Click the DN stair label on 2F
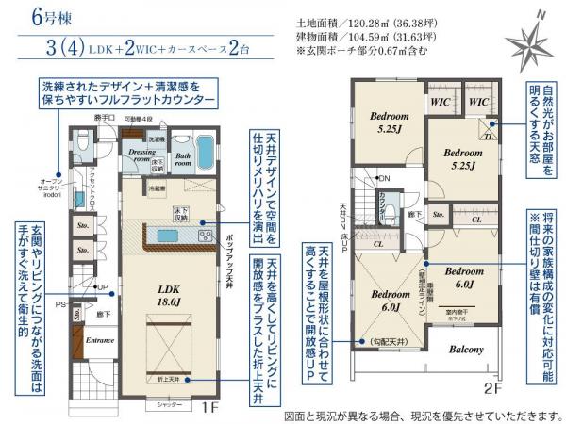click(384, 178)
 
